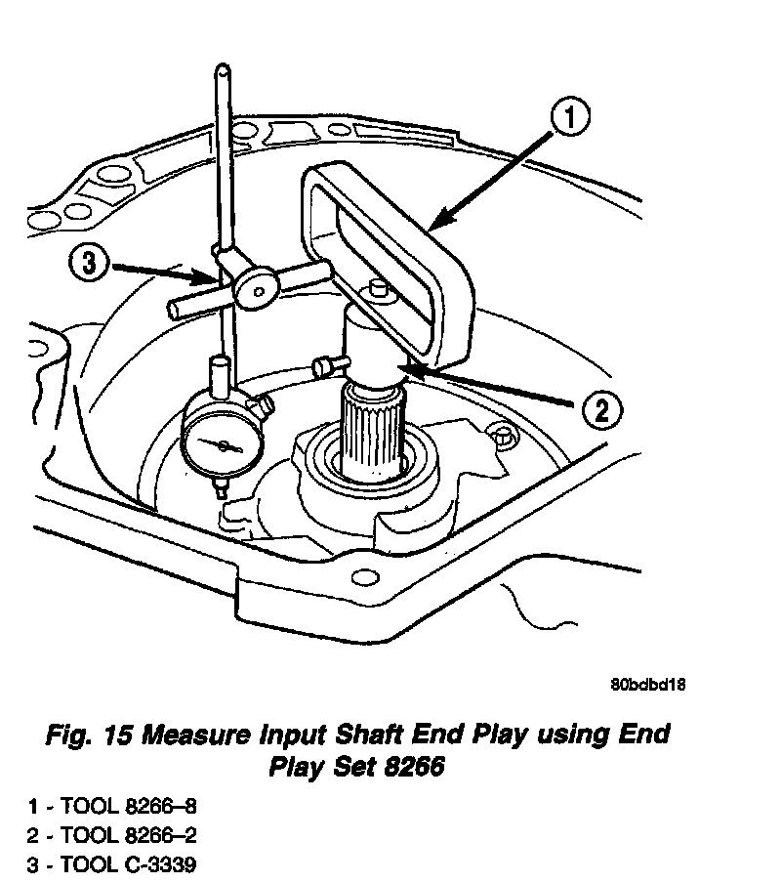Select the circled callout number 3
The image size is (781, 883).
[88, 265]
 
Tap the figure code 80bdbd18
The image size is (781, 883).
[647, 685]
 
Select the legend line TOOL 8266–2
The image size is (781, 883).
[137, 836]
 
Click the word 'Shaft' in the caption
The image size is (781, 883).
[399, 735]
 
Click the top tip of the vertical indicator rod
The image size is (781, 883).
[223, 70]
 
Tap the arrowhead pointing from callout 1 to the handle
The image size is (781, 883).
[435, 226]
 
